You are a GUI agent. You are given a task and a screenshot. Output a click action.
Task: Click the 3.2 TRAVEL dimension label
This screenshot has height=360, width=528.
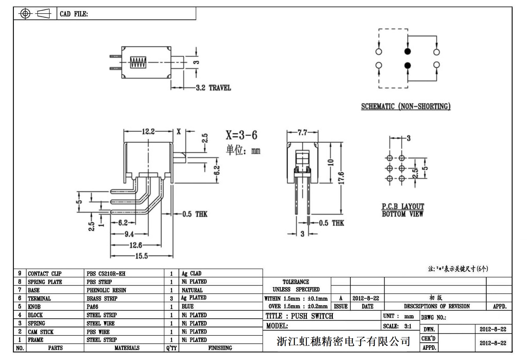(213, 88)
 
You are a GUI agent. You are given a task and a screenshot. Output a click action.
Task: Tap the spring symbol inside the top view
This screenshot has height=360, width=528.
(138, 62)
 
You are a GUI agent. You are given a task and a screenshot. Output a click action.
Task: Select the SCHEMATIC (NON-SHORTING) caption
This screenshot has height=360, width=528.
(406, 106)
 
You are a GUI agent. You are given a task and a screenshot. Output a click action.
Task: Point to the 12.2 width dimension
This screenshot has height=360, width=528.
(148, 132)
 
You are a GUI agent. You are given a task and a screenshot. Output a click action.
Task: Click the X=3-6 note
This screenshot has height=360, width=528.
(241, 135)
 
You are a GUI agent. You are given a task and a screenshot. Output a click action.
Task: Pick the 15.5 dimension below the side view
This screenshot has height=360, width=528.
(141, 256)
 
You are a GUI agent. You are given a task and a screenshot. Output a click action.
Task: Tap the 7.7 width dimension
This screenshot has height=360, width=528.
(302, 132)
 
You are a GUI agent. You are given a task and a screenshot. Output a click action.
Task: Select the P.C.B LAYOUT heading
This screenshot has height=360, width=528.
(403, 206)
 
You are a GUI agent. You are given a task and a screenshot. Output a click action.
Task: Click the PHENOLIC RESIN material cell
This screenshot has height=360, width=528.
(106, 290)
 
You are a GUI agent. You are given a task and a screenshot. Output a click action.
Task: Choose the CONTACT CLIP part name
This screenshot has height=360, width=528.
(45, 274)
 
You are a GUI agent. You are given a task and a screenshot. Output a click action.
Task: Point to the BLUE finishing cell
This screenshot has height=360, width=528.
(188, 307)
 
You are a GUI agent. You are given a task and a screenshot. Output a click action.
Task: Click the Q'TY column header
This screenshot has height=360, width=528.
(171, 348)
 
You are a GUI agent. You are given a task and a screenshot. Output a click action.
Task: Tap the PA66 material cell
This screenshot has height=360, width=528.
(92, 307)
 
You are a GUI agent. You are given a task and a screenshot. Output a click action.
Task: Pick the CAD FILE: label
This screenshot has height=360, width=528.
(74, 14)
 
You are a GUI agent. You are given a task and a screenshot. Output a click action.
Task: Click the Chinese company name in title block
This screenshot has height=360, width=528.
(343, 341)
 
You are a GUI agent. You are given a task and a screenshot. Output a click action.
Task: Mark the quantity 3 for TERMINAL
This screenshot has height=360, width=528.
(171, 299)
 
